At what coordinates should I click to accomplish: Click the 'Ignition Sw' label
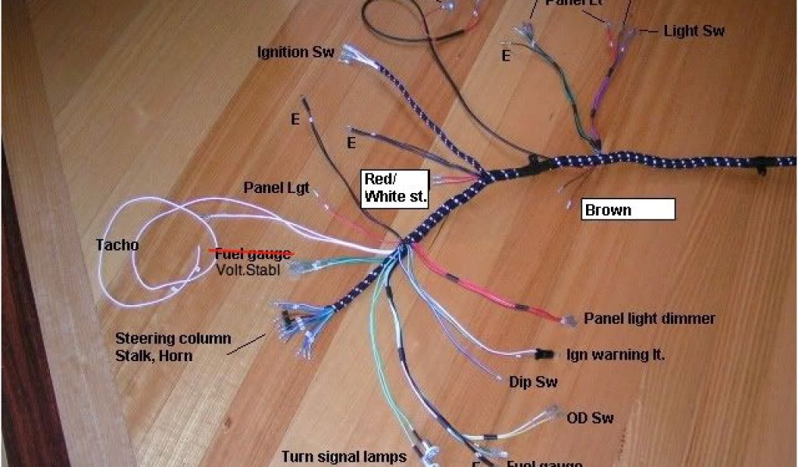[295, 52]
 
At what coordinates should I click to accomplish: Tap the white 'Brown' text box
[628, 209]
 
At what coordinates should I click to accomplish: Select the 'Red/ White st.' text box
[395, 188]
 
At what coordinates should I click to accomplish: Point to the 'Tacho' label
[117, 245]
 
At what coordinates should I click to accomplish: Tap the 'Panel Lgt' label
[277, 188]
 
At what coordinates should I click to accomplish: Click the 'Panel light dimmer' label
[649, 318]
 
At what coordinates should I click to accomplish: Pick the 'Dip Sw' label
[534, 382]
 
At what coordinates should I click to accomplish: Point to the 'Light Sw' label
[694, 31]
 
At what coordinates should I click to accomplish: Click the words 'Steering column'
[173, 339]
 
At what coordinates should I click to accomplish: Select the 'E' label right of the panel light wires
[506, 56]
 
